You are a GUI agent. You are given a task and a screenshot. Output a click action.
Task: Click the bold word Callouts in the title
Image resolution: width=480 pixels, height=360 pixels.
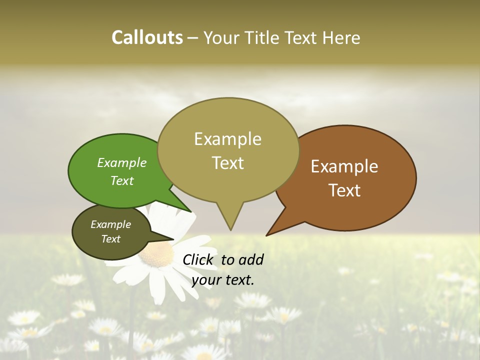(147, 37)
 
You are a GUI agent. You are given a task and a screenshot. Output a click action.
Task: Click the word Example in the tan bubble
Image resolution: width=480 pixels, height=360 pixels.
(227, 138)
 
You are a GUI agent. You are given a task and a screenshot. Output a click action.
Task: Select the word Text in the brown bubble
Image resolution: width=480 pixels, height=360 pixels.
(345, 190)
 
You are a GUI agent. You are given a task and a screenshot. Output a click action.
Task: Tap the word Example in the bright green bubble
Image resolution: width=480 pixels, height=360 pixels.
(122, 162)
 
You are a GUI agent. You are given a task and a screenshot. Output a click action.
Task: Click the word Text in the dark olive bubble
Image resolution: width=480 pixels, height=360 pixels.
(111, 239)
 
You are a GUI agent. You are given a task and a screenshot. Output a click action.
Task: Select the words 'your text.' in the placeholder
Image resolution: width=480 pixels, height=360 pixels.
(222, 280)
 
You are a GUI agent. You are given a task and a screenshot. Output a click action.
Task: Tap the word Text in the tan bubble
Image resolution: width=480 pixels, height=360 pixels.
(228, 162)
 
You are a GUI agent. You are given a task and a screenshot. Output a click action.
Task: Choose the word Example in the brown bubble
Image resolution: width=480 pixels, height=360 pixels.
(344, 166)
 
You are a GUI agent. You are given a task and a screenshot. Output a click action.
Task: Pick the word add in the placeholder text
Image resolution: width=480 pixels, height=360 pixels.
(250, 259)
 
